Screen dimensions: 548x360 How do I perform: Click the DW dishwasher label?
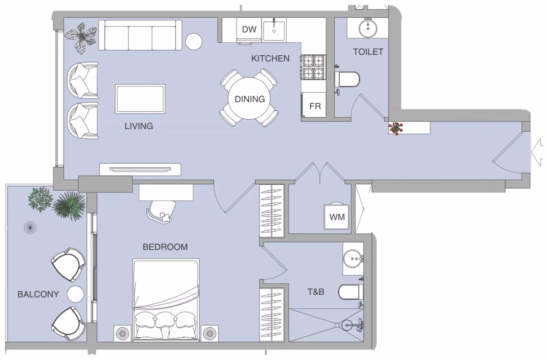tap(249, 29)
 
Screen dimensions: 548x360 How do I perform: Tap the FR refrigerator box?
tap(314, 105)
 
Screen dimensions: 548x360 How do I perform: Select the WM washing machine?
tap(337, 217)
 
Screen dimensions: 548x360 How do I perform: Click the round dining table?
tap(249, 98)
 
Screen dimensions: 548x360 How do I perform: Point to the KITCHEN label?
tap(270, 58)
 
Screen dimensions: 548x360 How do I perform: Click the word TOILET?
tap(368, 52)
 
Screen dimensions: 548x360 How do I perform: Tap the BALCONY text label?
tap(38, 294)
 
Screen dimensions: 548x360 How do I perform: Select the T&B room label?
tap(316, 292)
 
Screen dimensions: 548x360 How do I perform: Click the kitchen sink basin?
tap(274, 31)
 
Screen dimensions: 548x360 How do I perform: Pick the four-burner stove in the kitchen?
tap(314, 67)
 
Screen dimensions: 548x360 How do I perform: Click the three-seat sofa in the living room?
tap(140, 35)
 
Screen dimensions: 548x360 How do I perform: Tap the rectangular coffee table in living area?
tap(140, 99)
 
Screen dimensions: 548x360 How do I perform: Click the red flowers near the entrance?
tap(395, 128)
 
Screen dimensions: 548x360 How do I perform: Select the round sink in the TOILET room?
tap(368, 28)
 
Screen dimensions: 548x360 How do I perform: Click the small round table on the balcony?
tap(75, 294)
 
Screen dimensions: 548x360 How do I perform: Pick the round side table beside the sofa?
tap(194, 42)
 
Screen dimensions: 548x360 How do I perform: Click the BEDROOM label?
tap(165, 247)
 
